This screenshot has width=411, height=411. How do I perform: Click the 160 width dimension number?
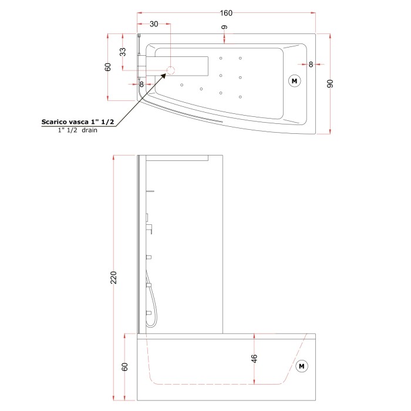tap(226, 13)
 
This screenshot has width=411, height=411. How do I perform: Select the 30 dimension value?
tap(154, 24)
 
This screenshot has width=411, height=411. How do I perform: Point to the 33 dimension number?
tap(123, 52)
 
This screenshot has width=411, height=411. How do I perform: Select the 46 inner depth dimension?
tap(254, 359)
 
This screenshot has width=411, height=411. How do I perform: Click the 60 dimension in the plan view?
tap(108, 66)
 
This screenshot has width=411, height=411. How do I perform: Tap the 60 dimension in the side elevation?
tap(124, 367)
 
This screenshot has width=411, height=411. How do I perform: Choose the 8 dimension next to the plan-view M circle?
tap(311, 63)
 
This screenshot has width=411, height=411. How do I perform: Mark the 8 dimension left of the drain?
tap(142, 84)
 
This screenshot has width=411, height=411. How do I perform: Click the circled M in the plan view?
tap(294, 80)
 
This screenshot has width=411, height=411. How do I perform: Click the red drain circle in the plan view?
tap(171, 71)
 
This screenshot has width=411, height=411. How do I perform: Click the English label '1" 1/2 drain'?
tap(77, 130)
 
